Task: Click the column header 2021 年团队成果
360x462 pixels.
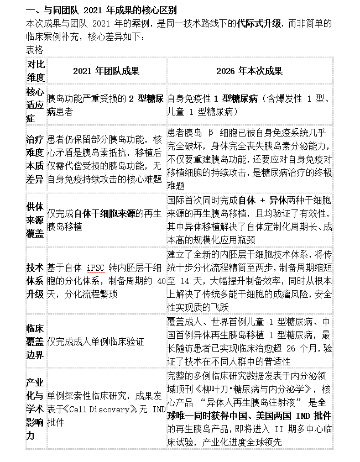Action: pyautogui.click(x=106, y=71)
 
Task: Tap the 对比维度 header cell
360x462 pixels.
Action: pyautogui.click(x=35, y=71)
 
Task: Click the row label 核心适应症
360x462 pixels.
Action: pyautogui.click(x=35, y=104)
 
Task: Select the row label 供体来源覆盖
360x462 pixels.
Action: pyautogui.click(x=35, y=219)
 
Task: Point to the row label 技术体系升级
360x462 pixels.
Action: pyautogui.click(x=35, y=280)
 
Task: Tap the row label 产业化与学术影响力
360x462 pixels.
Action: pyautogui.click(x=35, y=409)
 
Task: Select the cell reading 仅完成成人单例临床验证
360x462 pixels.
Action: pyautogui.click(x=103, y=342)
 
